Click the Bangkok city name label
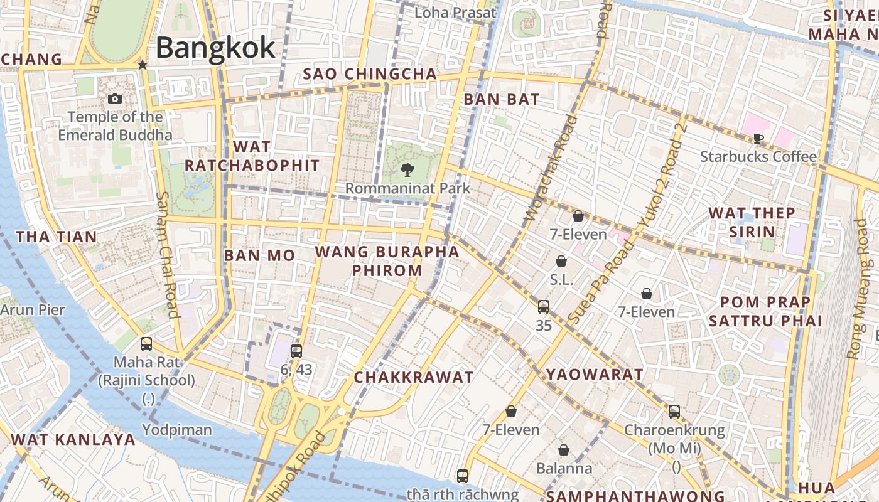point(215,48)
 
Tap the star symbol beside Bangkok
point(143,65)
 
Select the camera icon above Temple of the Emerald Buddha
point(115,99)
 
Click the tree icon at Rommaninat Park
point(407,169)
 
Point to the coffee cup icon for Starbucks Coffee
point(758,138)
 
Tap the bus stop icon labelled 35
point(544,307)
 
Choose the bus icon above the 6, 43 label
point(296,351)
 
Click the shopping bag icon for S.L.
point(561,261)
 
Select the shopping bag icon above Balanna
point(564,450)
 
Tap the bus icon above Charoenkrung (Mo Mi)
point(674,412)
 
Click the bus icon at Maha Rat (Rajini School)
point(146,344)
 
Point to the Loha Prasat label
point(455,13)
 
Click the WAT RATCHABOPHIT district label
point(252,156)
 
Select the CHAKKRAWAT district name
point(413,377)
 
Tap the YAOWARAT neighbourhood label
point(594,375)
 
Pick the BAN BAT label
point(501,99)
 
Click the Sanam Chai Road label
point(166,254)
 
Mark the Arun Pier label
point(33,310)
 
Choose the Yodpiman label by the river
point(177,430)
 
